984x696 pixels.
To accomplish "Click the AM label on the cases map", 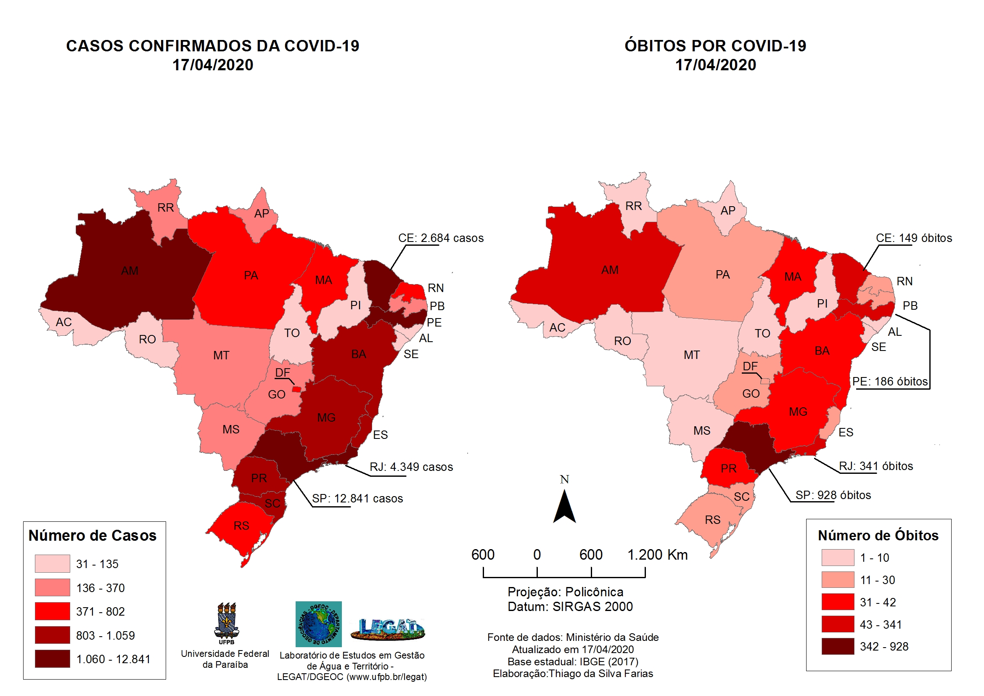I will [x=130, y=271].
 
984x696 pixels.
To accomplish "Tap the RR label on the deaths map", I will [x=633, y=206].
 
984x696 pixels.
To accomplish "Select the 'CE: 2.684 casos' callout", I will [x=441, y=238].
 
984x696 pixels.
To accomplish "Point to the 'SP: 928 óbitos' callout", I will [x=833, y=495].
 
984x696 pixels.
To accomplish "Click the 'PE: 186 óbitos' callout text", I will [x=889, y=382].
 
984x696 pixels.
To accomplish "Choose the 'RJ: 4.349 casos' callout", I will [x=411, y=467].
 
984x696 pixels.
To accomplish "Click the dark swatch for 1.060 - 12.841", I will [x=52, y=659].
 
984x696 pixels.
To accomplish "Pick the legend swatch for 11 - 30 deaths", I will [x=837, y=580].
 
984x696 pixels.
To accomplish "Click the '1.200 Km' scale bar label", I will [x=657, y=555].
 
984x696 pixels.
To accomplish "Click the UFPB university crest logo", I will [x=226, y=623].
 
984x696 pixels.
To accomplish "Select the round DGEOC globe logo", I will [x=318, y=624].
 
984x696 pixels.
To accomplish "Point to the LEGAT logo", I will [x=387, y=629].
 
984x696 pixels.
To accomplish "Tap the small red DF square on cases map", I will [x=296, y=389].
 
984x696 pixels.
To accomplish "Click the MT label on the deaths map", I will [x=691, y=355].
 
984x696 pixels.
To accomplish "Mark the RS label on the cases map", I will [x=241, y=526].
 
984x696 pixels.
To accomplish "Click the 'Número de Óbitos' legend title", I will [x=878, y=536].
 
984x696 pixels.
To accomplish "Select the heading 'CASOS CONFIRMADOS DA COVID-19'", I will [x=213, y=46].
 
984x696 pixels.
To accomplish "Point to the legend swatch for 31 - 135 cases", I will [x=52, y=563].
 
